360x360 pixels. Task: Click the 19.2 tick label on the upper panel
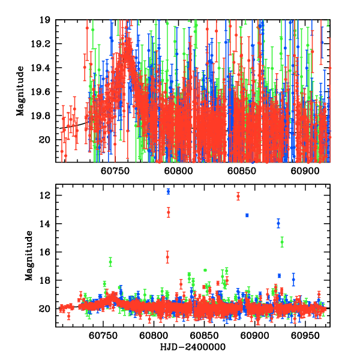click(44, 44)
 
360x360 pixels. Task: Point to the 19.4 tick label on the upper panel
click(44, 68)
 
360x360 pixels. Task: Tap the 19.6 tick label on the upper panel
click(44, 92)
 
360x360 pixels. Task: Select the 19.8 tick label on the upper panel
click(44, 116)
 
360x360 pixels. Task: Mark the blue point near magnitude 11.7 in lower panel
click(168, 191)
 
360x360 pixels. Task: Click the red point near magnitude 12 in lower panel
click(238, 196)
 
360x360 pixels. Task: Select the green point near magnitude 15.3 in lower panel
click(282, 242)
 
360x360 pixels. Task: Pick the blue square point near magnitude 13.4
click(247, 215)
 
